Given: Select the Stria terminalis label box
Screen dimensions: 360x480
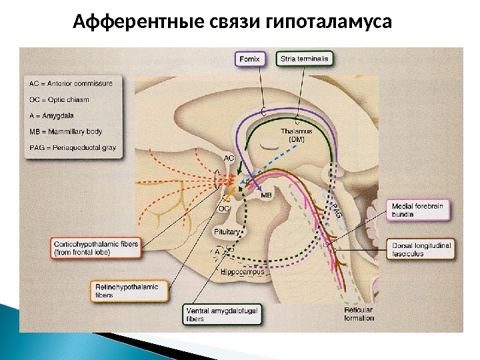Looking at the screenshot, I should [x=303, y=59].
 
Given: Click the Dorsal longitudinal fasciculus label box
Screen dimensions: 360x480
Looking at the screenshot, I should [x=422, y=250].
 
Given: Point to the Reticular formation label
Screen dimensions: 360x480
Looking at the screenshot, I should [x=359, y=314].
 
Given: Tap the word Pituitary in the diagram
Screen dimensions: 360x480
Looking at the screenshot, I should [x=227, y=231].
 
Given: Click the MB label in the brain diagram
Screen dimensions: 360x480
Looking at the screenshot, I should [x=266, y=195].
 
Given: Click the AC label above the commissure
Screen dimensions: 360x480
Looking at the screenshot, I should [x=229, y=158].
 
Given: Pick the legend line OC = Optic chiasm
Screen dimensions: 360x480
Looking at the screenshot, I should [x=60, y=99].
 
